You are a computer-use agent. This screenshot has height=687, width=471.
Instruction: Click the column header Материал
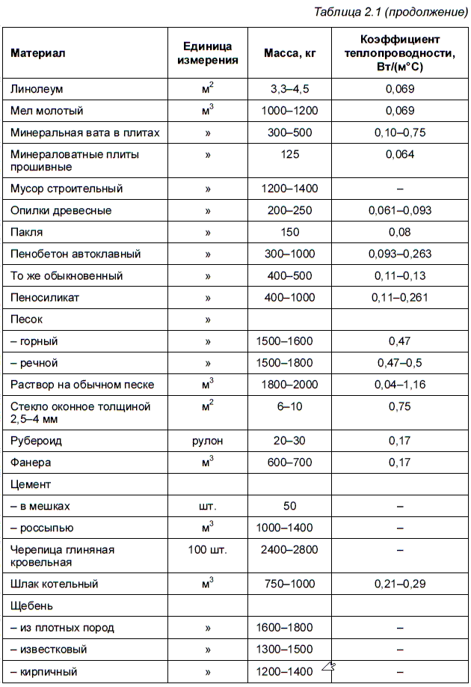38,53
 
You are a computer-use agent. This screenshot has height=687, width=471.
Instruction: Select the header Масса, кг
289,53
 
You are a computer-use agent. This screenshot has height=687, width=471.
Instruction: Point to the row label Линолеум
37,89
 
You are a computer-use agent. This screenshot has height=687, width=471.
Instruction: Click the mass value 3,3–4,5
289,89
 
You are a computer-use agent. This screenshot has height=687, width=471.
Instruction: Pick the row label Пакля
27,232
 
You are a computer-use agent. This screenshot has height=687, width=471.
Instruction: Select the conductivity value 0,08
399,232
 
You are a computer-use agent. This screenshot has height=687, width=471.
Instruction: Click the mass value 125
289,154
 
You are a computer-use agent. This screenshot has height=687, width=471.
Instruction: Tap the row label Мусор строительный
67,189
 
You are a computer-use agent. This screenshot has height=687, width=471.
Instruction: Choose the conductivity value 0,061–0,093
399,210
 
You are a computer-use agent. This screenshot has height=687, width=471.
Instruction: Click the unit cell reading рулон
208,440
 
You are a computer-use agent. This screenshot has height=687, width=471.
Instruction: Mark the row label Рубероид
36,440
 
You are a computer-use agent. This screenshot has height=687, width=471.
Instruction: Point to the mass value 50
289,506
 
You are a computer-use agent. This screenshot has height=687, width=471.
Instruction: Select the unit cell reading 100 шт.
208,549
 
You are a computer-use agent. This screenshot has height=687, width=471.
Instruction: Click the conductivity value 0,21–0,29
399,584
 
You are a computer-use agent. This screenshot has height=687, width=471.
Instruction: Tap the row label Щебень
31,605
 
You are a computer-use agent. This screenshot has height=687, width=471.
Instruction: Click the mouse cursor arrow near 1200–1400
327,666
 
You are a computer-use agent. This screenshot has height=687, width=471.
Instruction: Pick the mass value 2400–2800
289,549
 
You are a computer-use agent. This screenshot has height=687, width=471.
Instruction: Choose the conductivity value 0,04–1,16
399,385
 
